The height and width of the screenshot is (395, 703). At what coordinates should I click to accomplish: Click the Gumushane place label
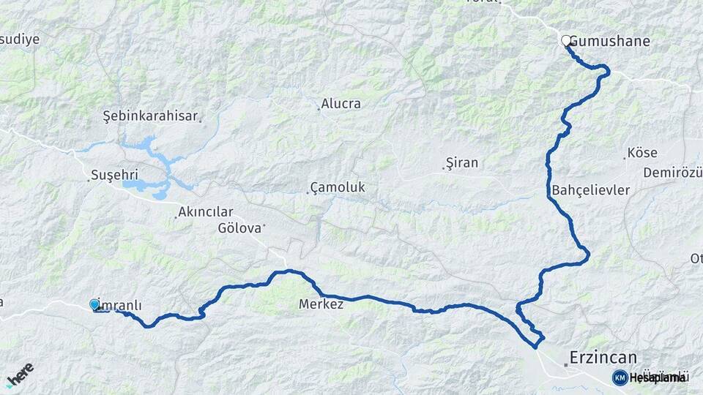point(610,41)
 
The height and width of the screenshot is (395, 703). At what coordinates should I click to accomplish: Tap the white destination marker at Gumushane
point(566,40)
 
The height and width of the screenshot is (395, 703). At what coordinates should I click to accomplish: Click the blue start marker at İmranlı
point(94,304)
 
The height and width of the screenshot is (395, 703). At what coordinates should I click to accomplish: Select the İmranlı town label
point(119,305)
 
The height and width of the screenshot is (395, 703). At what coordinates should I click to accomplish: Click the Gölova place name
point(239,227)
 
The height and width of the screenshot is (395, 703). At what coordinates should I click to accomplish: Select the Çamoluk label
point(338,188)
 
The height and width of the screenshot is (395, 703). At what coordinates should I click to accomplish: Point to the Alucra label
point(341,104)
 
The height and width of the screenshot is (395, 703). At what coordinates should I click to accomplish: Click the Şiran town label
point(462,163)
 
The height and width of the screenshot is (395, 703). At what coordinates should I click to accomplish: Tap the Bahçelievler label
point(591,190)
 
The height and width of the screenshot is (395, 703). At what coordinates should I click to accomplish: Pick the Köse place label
point(641,154)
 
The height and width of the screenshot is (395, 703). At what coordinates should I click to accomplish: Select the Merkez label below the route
point(321,304)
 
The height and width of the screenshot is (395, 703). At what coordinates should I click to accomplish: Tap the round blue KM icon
point(620,377)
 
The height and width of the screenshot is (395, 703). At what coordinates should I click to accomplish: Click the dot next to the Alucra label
point(319,109)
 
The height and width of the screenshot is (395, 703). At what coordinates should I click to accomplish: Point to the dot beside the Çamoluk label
point(307,192)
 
